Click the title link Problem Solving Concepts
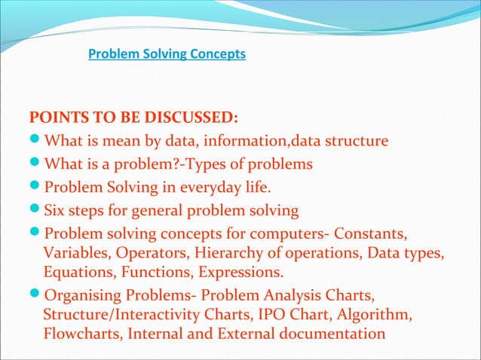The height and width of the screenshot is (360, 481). click(167, 54)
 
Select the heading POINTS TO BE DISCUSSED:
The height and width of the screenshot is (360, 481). click(133, 119)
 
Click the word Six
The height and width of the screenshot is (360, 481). click(57, 209)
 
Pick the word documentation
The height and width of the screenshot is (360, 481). click(332, 331)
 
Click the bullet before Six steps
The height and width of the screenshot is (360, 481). click(35, 209)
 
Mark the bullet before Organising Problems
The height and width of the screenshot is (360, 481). click(35, 294)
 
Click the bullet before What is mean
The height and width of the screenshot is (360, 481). click(35, 142)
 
